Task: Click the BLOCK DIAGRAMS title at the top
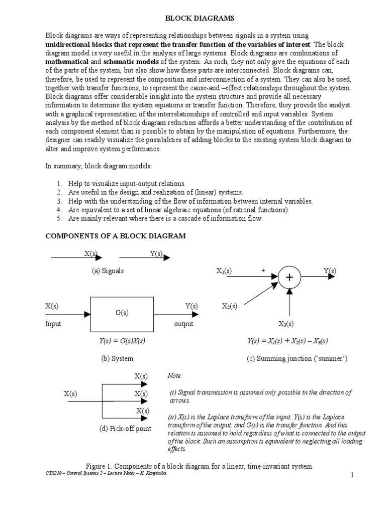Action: click(x=193, y=19)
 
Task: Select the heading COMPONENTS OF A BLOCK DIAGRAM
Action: click(x=116, y=236)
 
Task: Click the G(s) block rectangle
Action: click(x=122, y=314)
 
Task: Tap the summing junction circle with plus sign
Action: click(x=289, y=278)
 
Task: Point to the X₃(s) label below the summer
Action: click(x=286, y=324)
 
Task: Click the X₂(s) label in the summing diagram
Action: click(x=230, y=306)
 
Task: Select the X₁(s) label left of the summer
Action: click(x=224, y=271)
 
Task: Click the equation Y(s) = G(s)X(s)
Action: click(x=122, y=341)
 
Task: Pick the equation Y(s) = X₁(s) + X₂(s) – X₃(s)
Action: click(x=287, y=341)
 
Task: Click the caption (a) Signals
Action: click(x=108, y=271)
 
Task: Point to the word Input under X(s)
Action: click(x=53, y=324)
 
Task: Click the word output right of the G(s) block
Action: click(x=184, y=324)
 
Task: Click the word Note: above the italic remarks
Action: click(x=175, y=376)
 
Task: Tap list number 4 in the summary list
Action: click(x=59, y=210)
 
